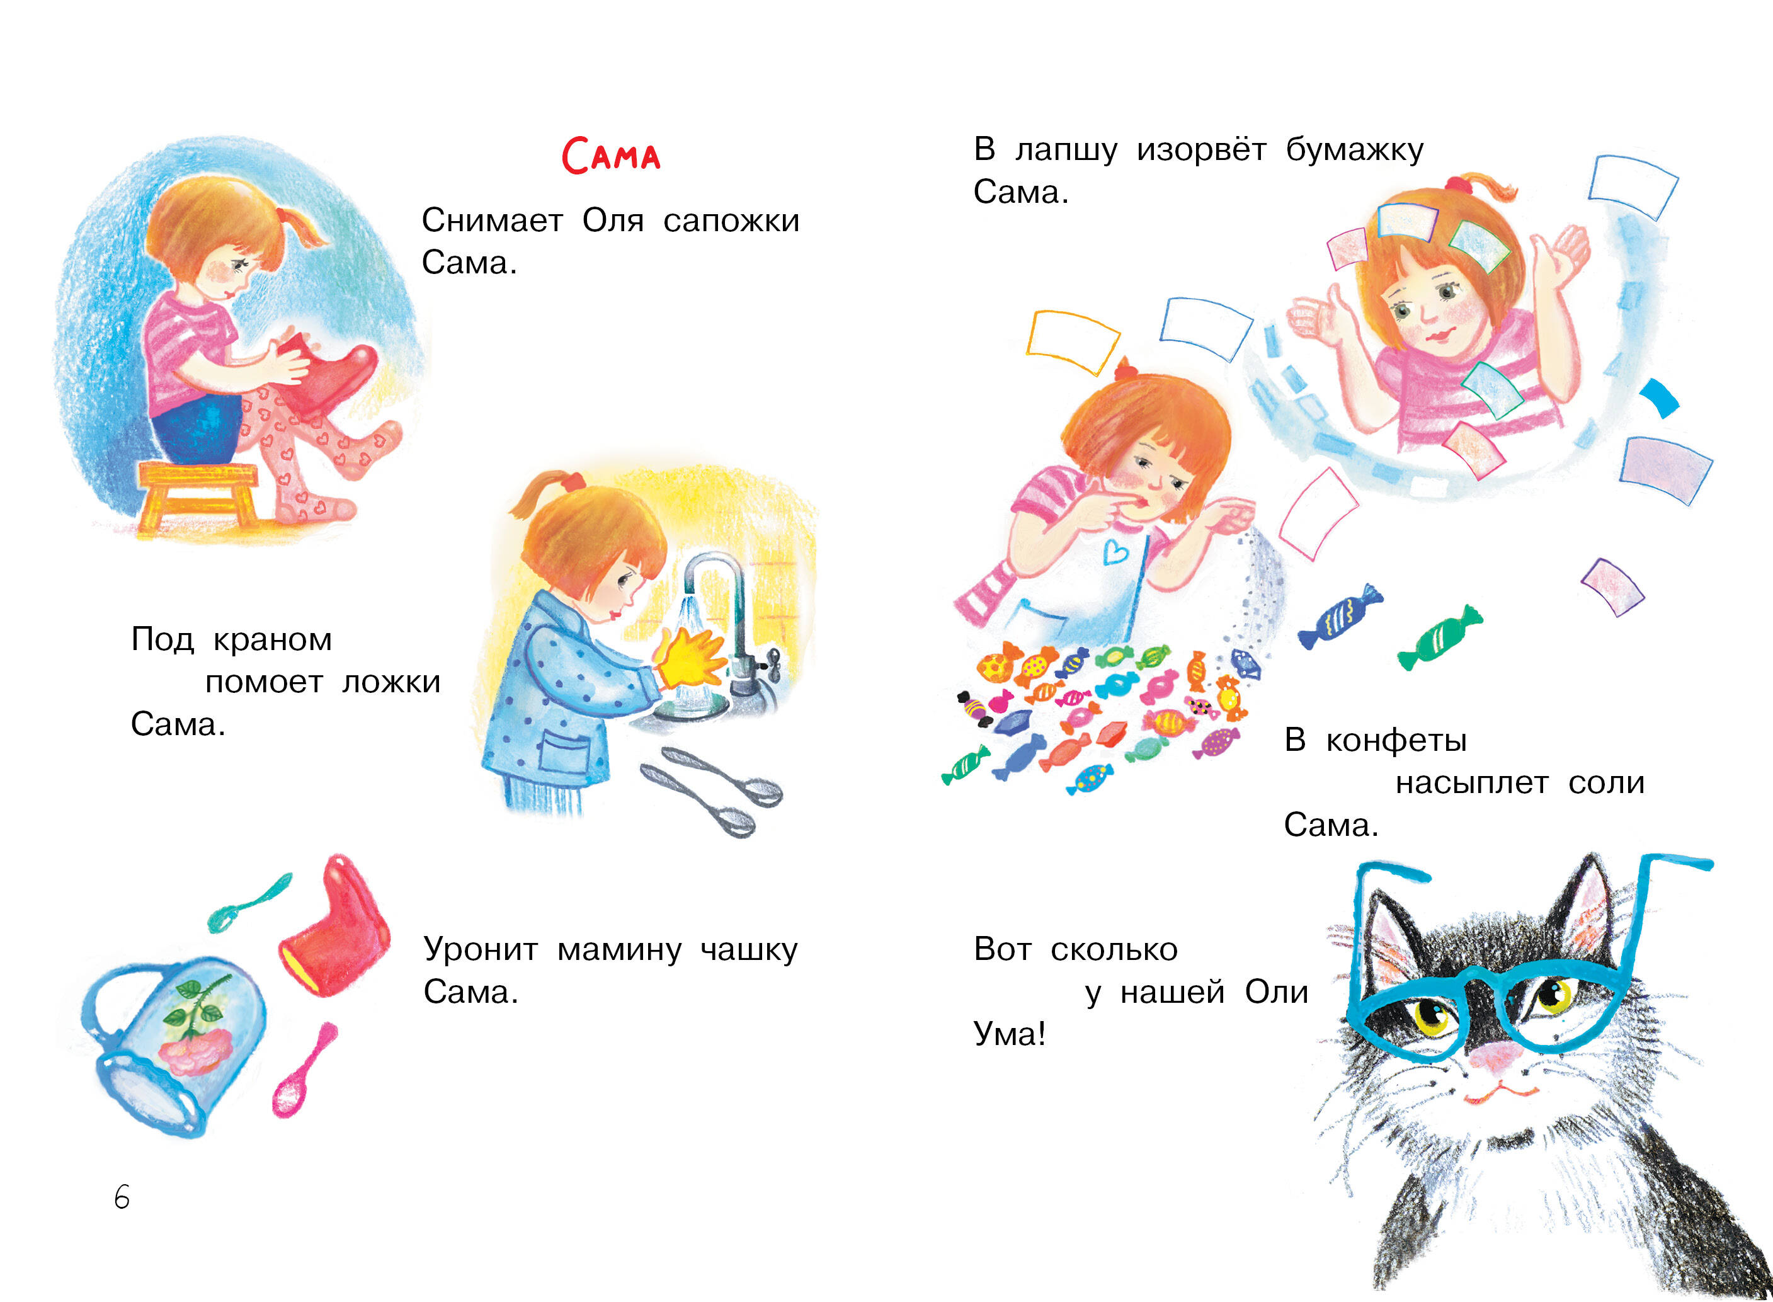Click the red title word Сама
611,155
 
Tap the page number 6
122,1197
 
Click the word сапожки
731,220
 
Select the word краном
273,640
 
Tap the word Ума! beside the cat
1010,1033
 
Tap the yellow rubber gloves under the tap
690,656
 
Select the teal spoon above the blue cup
248,903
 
